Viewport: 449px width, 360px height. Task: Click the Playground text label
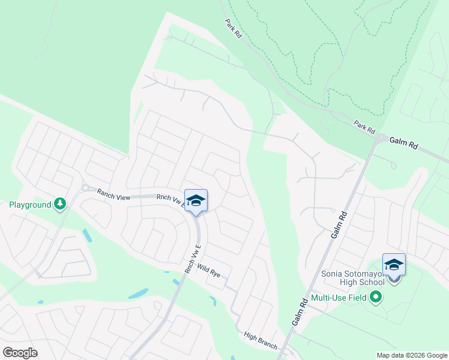tap(29, 205)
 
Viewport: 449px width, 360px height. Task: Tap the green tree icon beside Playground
tap(60, 205)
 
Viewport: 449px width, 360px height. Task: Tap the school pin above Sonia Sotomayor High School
tap(394, 265)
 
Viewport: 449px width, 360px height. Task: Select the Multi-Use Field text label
tap(339, 297)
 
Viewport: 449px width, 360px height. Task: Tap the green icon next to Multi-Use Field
tap(376, 297)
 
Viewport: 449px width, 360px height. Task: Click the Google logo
tap(20, 352)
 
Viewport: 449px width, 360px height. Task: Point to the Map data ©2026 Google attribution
tap(411, 355)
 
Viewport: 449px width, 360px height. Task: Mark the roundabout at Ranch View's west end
tap(85, 188)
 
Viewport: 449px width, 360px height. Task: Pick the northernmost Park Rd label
tap(234, 28)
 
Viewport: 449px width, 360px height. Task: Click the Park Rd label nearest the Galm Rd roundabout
tap(364, 127)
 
